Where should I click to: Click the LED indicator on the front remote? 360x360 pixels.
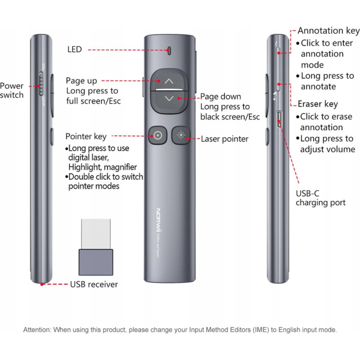170,50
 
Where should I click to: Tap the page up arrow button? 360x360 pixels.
169,81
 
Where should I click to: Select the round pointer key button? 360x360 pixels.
157,135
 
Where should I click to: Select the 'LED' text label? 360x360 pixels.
74,49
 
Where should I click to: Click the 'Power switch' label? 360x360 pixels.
12,90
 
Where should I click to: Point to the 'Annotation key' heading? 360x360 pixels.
328,31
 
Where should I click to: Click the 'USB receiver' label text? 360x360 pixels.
94,284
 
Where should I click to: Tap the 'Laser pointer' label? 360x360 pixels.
225,139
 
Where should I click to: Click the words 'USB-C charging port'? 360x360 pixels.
320,198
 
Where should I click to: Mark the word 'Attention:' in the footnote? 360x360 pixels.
37,330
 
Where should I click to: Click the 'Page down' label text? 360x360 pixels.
220,97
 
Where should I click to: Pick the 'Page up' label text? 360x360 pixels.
81,81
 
